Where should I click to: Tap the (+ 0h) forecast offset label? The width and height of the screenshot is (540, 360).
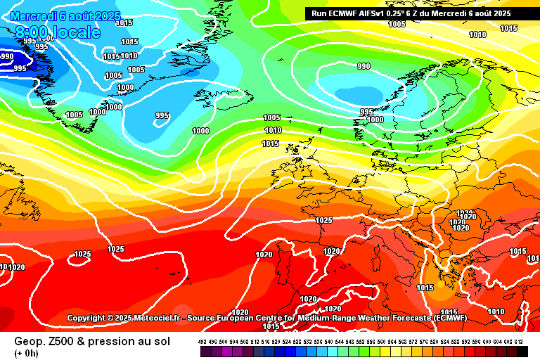[27, 352]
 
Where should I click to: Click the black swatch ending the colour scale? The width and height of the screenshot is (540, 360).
[522, 350]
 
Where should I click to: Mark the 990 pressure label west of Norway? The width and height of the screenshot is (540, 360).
[364, 66]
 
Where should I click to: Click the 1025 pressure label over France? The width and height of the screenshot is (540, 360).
[323, 220]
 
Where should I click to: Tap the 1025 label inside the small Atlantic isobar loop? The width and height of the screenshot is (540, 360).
[83, 254]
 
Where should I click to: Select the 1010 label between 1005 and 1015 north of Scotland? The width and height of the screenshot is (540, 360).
[273, 130]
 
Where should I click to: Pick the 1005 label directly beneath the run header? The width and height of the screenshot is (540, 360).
[397, 24]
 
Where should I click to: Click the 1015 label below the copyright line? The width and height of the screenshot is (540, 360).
[271, 326]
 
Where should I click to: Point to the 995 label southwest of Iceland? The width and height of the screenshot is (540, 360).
[162, 115]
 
